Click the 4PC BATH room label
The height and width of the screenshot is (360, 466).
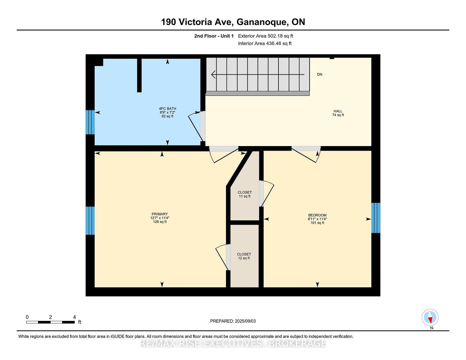tap(167, 112)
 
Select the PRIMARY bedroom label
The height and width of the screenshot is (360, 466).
tap(160, 218)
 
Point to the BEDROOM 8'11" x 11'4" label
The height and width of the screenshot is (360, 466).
tap(317, 219)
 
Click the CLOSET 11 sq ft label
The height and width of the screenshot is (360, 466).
tap(245, 194)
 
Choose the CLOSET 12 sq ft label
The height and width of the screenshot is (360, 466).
tap(244, 256)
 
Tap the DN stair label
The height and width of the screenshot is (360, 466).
tap(320, 74)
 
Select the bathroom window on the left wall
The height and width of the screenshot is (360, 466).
tap(90, 122)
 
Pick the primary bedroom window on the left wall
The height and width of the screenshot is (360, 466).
tap(90, 221)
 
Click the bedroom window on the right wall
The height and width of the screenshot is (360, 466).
tap(376, 218)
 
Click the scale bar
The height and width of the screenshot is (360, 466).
tap(50, 322)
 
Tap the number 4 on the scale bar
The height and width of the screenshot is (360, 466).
tap(74, 317)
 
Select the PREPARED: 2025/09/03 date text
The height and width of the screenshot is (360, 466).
tap(233, 321)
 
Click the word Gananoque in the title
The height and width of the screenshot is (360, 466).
tap(262, 22)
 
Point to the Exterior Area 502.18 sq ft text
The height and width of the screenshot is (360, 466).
tap(266, 36)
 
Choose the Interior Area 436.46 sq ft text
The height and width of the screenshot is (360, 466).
tap(265, 43)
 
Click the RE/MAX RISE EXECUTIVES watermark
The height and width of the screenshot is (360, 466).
tap(233, 343)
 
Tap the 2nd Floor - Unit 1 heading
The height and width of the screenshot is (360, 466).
tap(214, 36)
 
